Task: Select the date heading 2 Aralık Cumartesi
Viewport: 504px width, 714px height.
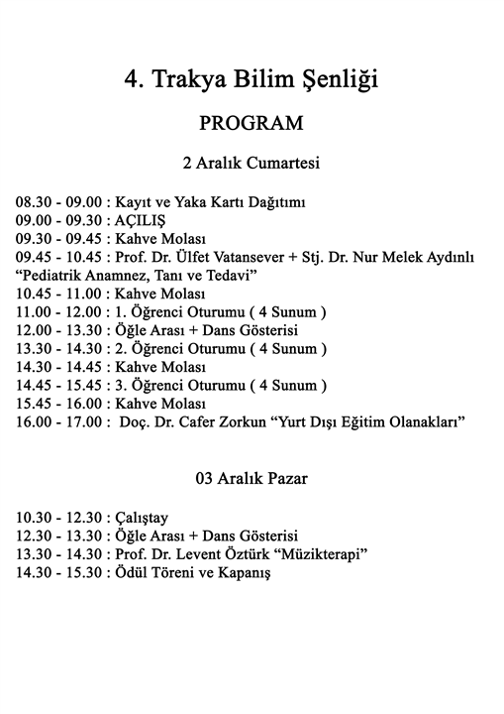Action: click(x=251, y=163)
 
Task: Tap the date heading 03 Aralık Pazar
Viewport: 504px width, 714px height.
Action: click(x=251, y=479)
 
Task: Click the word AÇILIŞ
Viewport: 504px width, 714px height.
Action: click(x=142, y=220)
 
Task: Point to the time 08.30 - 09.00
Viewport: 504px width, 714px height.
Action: click(x=56, y=202)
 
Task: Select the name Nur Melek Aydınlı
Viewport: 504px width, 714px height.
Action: click(x=422, y=257)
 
